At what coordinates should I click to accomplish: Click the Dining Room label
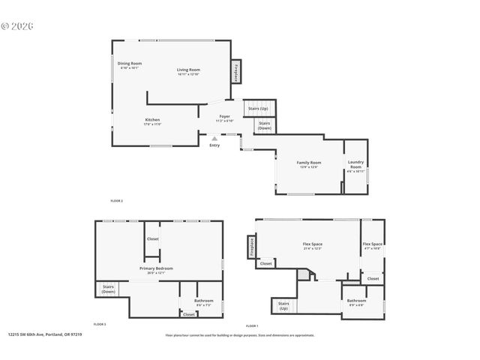pyautogui.click(x=130, y=65)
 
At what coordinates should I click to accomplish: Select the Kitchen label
pyautogui.click(x=152, y=121)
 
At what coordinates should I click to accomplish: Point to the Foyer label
pyautogui.click(x=224, y=118)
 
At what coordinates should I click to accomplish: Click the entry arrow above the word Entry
pyautogui.click(x=214, y=138)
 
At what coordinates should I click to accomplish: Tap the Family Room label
pyautogui.click(x=308, y=164)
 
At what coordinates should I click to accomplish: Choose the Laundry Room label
pyautogui.click(x=355, y=166)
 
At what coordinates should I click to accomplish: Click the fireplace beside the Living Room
pyautogui.click(x=235, y=72)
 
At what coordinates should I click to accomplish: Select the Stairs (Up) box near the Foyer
pyautogui.click(x=258, y=109)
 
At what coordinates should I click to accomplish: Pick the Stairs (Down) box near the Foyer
pyautogui.click(x=264, y=126)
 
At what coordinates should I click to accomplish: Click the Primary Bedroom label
pyautogui.click(x=156, y=270)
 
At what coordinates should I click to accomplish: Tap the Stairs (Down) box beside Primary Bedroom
pyautogui.click(x=108, y=289)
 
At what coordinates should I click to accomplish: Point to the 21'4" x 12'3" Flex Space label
pyautogui.click(x=312, y=246)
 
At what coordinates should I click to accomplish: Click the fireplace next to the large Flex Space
pyautogui.click(x=251, y=247)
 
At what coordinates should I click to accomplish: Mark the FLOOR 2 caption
pyautogui.click(x=116, y=201)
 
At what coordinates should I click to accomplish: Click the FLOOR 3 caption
pyautogui.click(x=100, y=324)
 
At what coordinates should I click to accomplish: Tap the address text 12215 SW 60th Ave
pyautogui.click(x=44, y=335)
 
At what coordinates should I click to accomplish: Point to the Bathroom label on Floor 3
pyautogui.click(x=204, y=302)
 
